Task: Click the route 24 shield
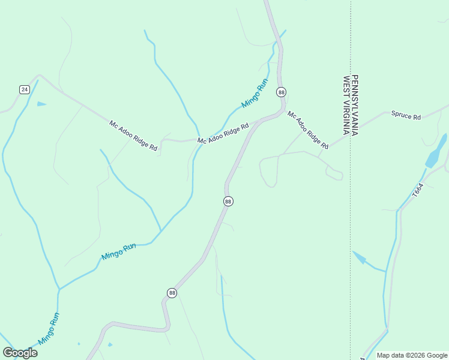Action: click(x=24, y=89)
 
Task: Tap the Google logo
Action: click(x=20, y=353)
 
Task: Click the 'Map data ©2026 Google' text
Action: click(x=412, y=355)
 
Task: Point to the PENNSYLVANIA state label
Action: click(x=355, y=105)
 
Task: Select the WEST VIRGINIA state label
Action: click(x=346, y=105)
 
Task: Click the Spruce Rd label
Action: click(x=406, y=115)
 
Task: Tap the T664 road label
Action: click(x=418, y=191)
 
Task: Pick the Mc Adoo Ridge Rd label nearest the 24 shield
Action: click(x=133, y=136)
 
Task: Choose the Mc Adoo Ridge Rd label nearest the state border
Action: click(x=307, y=130)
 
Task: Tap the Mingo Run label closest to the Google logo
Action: click(x=49, y=329)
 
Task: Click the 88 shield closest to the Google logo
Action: click(x=172, y=293)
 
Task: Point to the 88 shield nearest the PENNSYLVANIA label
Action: click(x=281, y=92)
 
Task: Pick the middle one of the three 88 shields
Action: click(x=228, y=202)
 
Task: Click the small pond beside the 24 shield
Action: click(x=41, y=104)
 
